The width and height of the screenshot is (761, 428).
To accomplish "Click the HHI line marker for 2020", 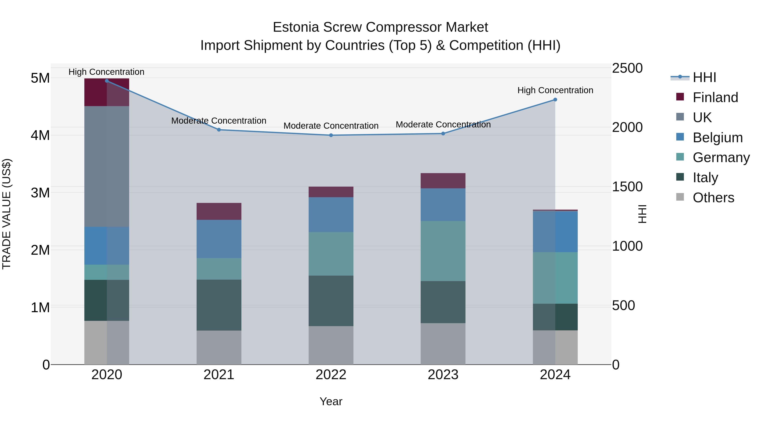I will pos(107,81).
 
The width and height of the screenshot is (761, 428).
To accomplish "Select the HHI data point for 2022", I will pos(331,135).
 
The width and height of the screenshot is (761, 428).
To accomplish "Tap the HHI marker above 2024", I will pos(555,100).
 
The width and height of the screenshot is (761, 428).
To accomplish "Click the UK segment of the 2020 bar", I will pos(107,166).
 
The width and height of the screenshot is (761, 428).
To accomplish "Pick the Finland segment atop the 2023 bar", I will pos(443,180).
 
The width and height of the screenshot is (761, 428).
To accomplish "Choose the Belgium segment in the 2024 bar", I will pos(555,232).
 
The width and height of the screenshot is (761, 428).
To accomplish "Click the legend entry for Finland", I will pos(715,97).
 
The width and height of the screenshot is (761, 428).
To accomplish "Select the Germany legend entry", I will pos(721,157).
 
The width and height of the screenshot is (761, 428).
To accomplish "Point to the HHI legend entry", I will pos(704,77).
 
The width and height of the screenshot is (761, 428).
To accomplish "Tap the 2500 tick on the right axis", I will pos(627,68).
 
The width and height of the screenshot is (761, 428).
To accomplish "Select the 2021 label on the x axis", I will pos(219,375).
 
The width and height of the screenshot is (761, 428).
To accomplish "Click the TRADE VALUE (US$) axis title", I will pos(7,214).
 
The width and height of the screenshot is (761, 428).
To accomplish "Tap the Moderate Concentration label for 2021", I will pos(219,121).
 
